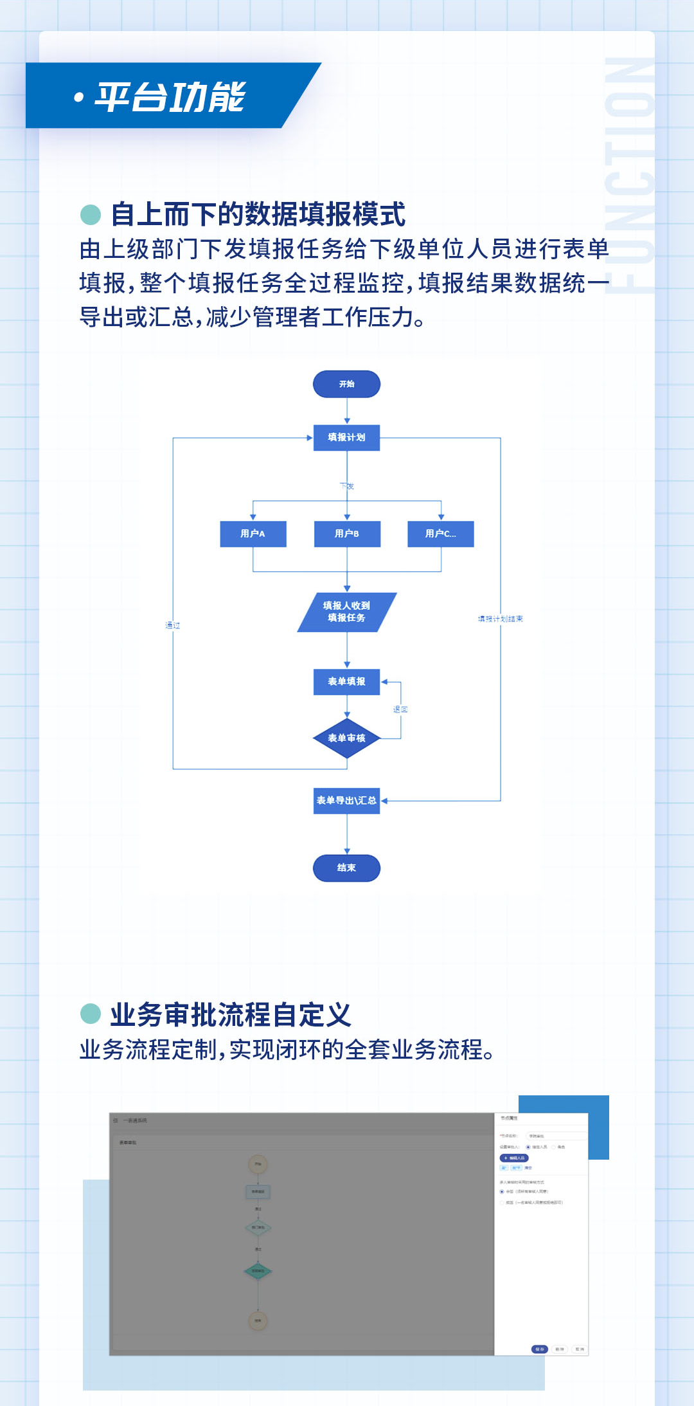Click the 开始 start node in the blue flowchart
tap(346, 384)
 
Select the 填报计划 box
tap(346, 437)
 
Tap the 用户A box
tap(253, 534)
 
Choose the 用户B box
tap(347, 534)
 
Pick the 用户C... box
tap(441, 534)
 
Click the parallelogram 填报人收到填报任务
tap(346, 612)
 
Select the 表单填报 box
tap(346, 682)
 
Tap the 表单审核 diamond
tap(346, 738)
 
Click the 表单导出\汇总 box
tap(346, 801)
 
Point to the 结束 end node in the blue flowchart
tap(346, 868)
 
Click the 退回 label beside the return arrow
tap(400, 709)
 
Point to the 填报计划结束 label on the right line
tap(500, 619)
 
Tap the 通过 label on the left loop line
tap(172, 625)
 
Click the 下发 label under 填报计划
tap(347, 486)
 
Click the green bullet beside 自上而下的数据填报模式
tap(91, 215)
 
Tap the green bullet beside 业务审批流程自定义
tap(91, 1014)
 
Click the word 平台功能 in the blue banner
tap(170, 97)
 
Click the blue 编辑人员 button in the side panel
tap(514, 1158)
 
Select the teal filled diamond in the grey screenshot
tap(258, 1271)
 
